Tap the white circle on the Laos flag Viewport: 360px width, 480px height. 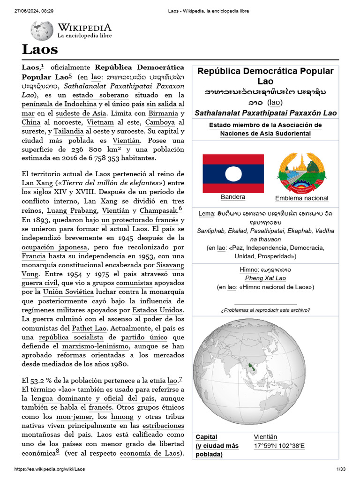[232, 174]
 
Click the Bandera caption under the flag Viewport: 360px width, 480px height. [232, 197]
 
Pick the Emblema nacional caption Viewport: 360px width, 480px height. [301, 198]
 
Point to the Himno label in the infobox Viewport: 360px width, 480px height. [249, 270]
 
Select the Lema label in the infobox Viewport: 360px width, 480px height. [206, 214]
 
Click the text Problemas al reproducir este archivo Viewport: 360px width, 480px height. [265, 310]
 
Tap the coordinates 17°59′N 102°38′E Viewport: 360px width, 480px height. [279, 446]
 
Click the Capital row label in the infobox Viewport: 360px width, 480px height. [206, 437]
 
